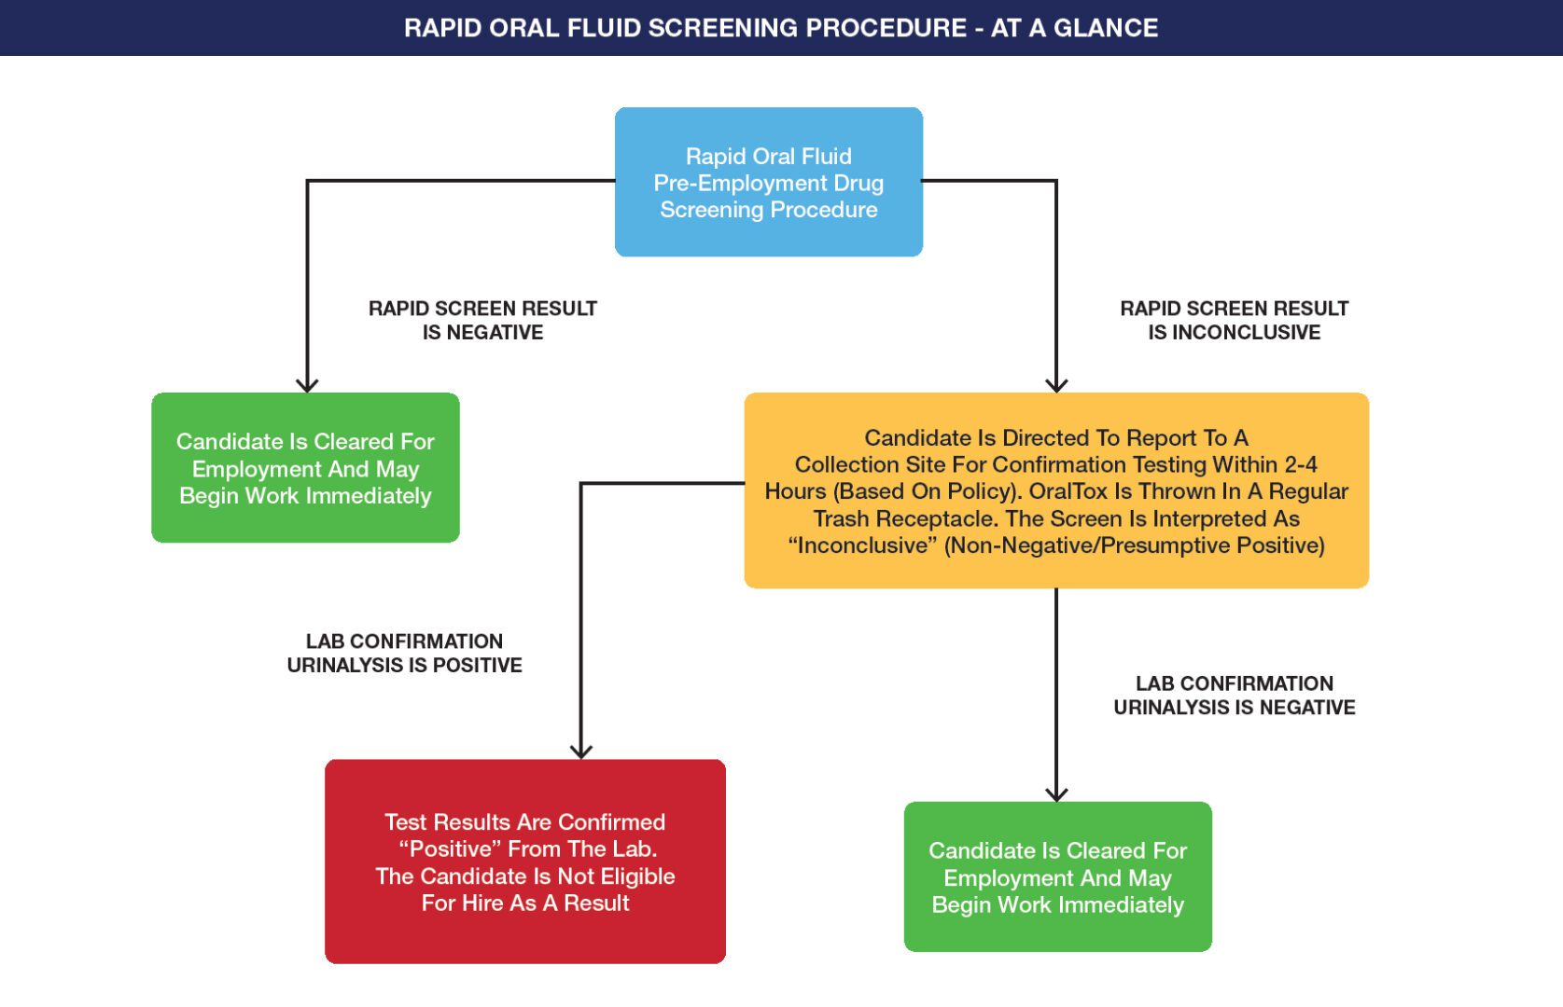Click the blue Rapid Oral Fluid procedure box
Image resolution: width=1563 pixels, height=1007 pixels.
click(x=768, y=182)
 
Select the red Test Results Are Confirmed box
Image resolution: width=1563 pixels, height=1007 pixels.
click(x=524, y=861)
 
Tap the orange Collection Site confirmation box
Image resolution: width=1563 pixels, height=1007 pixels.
click(x=1055, y=490)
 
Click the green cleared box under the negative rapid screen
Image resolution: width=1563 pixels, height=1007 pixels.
click(x=305, y=467)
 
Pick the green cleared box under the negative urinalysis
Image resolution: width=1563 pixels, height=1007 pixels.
click(x=1057, y=876)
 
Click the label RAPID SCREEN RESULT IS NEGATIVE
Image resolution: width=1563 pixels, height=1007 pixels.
click(x=482, y=320)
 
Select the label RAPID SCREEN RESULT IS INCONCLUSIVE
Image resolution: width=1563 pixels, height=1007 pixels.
click(x=1234, y=320)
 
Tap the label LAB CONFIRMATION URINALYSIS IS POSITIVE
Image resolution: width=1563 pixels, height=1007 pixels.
click(x=404, y=653)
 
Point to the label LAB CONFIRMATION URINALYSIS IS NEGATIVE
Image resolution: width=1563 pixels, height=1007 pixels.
click(x=1234, y=695)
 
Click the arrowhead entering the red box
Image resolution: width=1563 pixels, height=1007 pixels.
click(x=581, y=752)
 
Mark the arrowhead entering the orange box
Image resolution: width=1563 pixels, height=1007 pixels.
click(x=1056, y=385)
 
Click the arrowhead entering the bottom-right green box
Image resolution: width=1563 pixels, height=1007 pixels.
click(x=1056, y=794)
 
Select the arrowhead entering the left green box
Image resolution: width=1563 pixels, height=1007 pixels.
click(x=307, y=385)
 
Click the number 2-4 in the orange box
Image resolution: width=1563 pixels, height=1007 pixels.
click(x=1299, y=464)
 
